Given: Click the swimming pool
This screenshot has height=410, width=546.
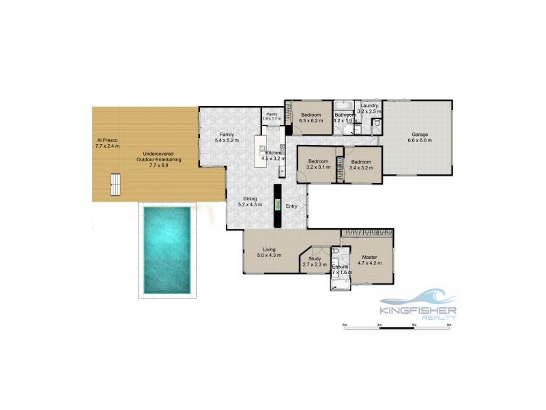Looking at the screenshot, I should click(168, 249).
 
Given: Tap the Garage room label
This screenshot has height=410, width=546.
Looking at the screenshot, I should click(418, 138).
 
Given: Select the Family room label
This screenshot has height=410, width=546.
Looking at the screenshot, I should click(227, 137).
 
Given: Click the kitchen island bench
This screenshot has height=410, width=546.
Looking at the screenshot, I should click(260, 151).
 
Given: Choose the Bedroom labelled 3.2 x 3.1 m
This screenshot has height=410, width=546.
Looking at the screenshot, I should click(318, 163).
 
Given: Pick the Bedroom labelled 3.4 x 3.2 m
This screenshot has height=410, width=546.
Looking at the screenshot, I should click(362, 163).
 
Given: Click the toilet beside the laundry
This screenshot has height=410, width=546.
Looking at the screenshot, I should click(376, 122).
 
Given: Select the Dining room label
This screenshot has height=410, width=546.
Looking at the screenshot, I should click(246, 201).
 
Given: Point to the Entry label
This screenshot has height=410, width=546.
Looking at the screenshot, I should click(291, 206).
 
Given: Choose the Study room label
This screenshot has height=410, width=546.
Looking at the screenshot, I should click(315, 262).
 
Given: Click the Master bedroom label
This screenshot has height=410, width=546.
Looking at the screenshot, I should click(369, 259).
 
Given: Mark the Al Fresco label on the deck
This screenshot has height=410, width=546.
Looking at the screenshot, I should click(107, 143).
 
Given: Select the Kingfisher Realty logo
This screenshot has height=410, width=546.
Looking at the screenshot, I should click(418, 304).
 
